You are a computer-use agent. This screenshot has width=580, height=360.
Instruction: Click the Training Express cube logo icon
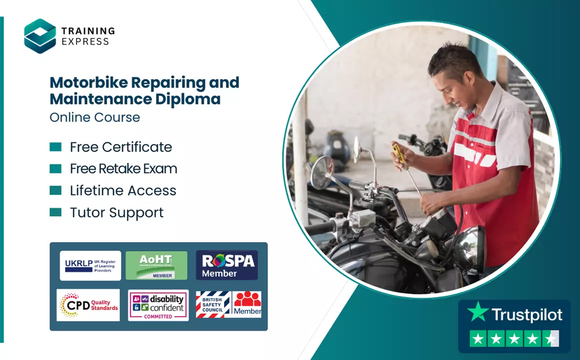click(x=40, y=35)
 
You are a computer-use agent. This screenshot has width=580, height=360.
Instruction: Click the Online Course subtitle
click(x=94, y=117)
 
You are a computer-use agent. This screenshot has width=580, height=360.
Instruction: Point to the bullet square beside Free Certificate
click(x=55, y=147)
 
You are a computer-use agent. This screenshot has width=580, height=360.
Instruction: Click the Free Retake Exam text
click(x=123, y=169)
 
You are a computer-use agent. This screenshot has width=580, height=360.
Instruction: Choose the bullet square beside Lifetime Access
click(x=55, y=190)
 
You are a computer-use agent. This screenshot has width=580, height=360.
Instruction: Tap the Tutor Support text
click(x=116, y=212)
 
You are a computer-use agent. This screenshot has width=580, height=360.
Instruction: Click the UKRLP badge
click(x=90, y=265)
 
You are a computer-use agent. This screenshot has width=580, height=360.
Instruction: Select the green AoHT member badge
click(x=156, y=265)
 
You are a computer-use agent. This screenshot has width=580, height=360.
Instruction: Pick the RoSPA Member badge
click(x=227, y=265)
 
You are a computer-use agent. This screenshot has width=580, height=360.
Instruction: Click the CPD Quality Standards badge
click(x=88, y=304)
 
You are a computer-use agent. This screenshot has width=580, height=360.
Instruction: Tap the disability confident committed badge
click(x=158, y=304)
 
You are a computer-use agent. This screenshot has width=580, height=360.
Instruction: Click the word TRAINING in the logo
click(x=88, y=31)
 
